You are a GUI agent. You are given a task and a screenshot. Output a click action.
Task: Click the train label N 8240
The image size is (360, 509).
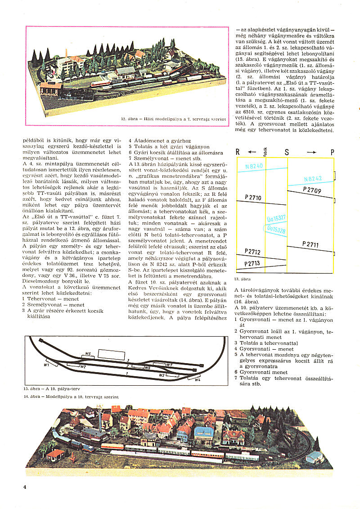click(x=254, y=166)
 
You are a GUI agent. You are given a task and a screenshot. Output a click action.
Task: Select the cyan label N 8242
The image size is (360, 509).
click(x=313, y=179)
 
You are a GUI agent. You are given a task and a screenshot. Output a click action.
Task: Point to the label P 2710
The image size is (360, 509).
click(x=252, y=198)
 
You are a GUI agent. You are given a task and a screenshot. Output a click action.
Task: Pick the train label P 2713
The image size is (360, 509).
click(x=252, y=263)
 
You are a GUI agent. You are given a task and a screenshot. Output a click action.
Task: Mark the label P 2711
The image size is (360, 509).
click(x=310, y=245)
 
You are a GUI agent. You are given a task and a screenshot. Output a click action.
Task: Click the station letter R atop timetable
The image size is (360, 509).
click(x=238, y=152)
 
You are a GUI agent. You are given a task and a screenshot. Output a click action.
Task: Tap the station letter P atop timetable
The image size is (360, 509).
click(x=332, y=152)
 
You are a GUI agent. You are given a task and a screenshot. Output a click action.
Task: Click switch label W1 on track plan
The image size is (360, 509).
click(x=46, y=365)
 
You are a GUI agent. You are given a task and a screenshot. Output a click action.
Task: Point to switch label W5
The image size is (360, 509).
click(x=88, y=354)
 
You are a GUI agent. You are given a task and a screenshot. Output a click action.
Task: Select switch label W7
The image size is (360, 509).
click(x=169, y=364)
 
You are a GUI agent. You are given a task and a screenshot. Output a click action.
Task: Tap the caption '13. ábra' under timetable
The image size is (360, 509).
click(x=243, y=279)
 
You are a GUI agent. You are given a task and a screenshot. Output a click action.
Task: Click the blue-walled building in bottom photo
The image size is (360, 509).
click(x=203, y=434)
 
